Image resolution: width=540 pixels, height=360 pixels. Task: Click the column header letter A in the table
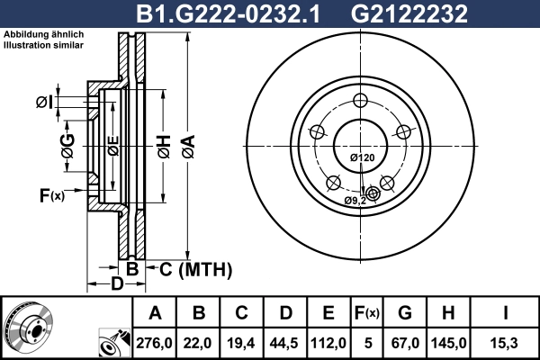pyautogui.click(x=155, y=313)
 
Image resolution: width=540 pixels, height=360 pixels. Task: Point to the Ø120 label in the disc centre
pyautogui.click(x=361, y=158)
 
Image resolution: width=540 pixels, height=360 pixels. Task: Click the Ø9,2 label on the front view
pyautogui.click(x=355, y=200)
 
